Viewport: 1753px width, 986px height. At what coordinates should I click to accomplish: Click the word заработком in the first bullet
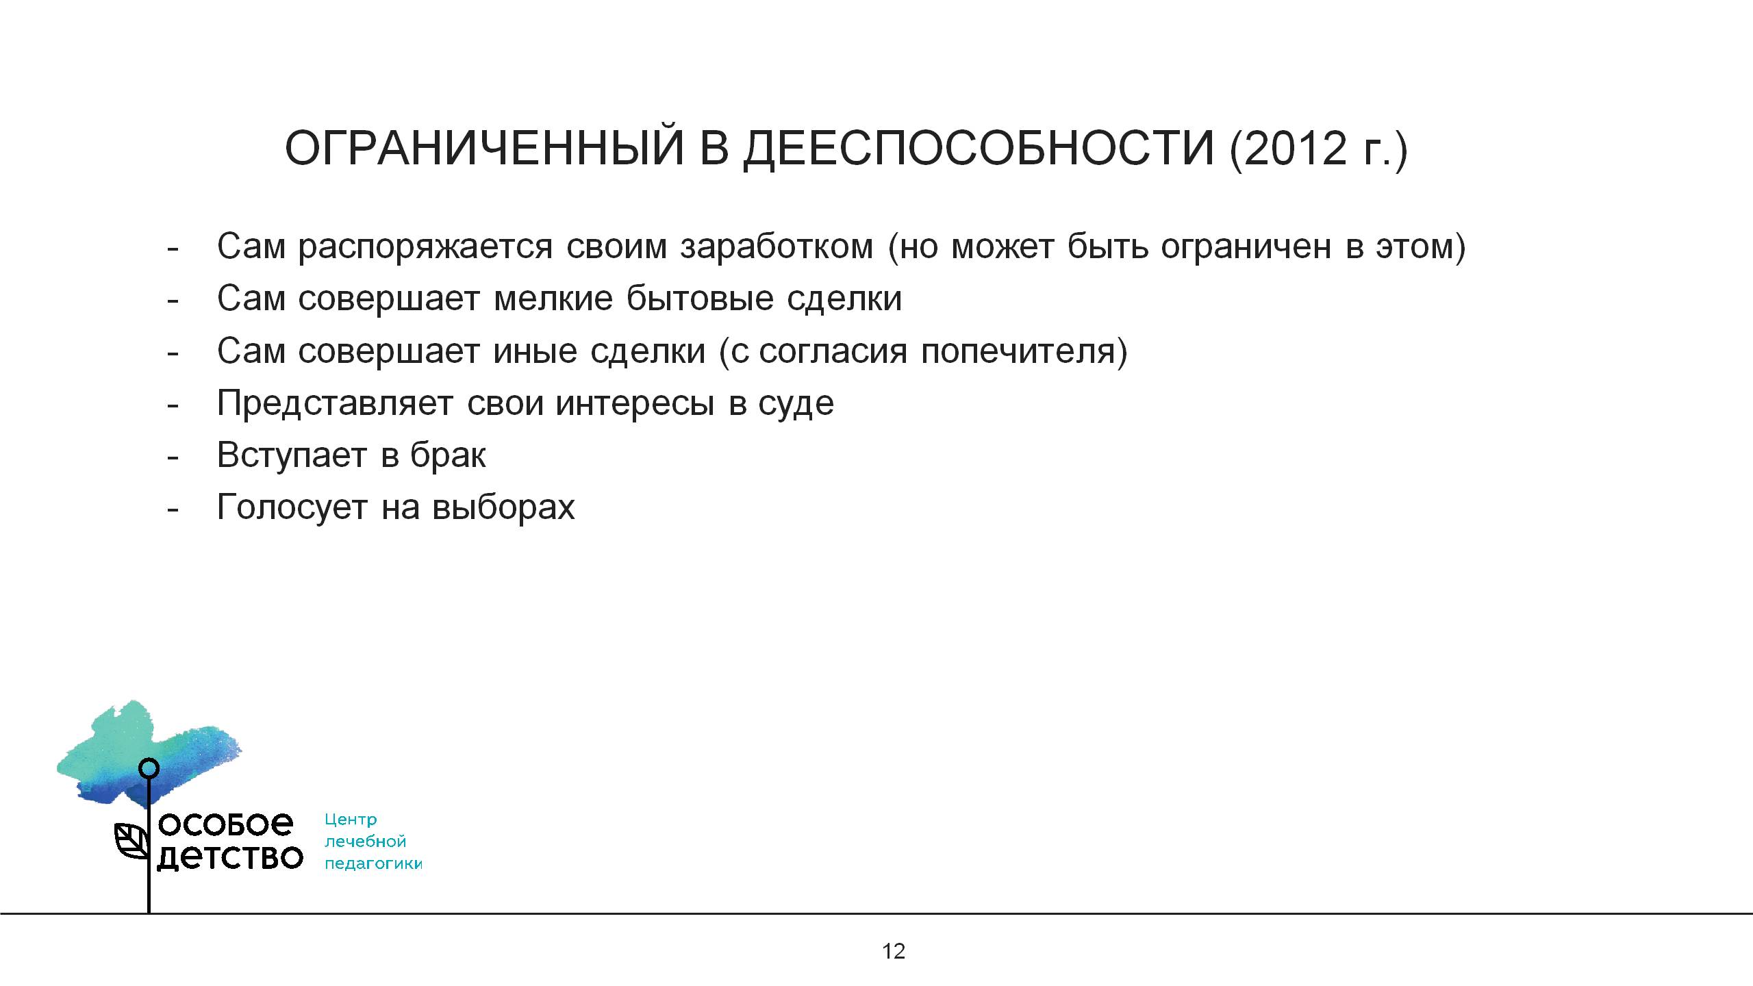click(777, 246)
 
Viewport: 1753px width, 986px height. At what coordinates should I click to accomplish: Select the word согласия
click(833, 351)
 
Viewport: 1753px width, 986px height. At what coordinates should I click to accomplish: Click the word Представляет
click(335, 403)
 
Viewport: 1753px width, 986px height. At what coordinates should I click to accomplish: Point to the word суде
click(796, 403)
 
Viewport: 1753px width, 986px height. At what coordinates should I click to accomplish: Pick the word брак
click(448, 455)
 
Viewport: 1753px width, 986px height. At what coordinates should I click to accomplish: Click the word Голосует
click(292, 507)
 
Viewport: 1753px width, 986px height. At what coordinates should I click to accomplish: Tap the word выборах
click(503, 507)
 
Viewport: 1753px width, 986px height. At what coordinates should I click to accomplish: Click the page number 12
click(894, 951)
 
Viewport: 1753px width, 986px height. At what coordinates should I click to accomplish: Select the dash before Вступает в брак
click(173, 457)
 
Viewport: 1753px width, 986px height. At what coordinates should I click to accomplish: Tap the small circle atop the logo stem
click(149, 768)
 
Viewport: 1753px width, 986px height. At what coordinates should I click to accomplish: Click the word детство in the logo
click(230, 858)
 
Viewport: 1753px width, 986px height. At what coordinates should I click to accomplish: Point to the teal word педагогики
click(373, 864)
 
